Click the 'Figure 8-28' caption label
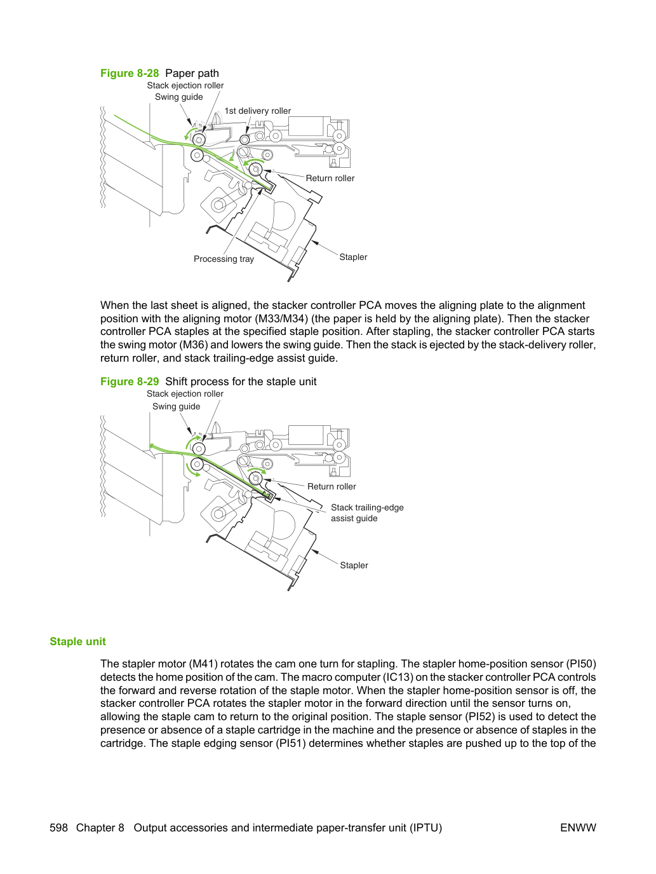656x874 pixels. coord(130,73)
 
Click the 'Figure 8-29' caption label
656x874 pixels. coord(130,381)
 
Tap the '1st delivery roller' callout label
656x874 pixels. coord(257,111)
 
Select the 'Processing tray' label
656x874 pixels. coord(224,259)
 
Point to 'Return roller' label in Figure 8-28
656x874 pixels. coord(330,178)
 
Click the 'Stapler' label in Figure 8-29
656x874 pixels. coord(354,565)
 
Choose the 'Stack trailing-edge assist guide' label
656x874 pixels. coord(367,513)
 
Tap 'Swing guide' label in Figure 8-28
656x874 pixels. coord(178,97)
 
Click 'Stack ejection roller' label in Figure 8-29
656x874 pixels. coord(185,393)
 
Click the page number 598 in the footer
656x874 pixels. coord(58,828)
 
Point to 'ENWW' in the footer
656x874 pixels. coord(578,828)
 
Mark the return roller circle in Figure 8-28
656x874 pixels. coord(256,170)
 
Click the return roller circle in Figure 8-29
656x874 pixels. coord(256,478)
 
